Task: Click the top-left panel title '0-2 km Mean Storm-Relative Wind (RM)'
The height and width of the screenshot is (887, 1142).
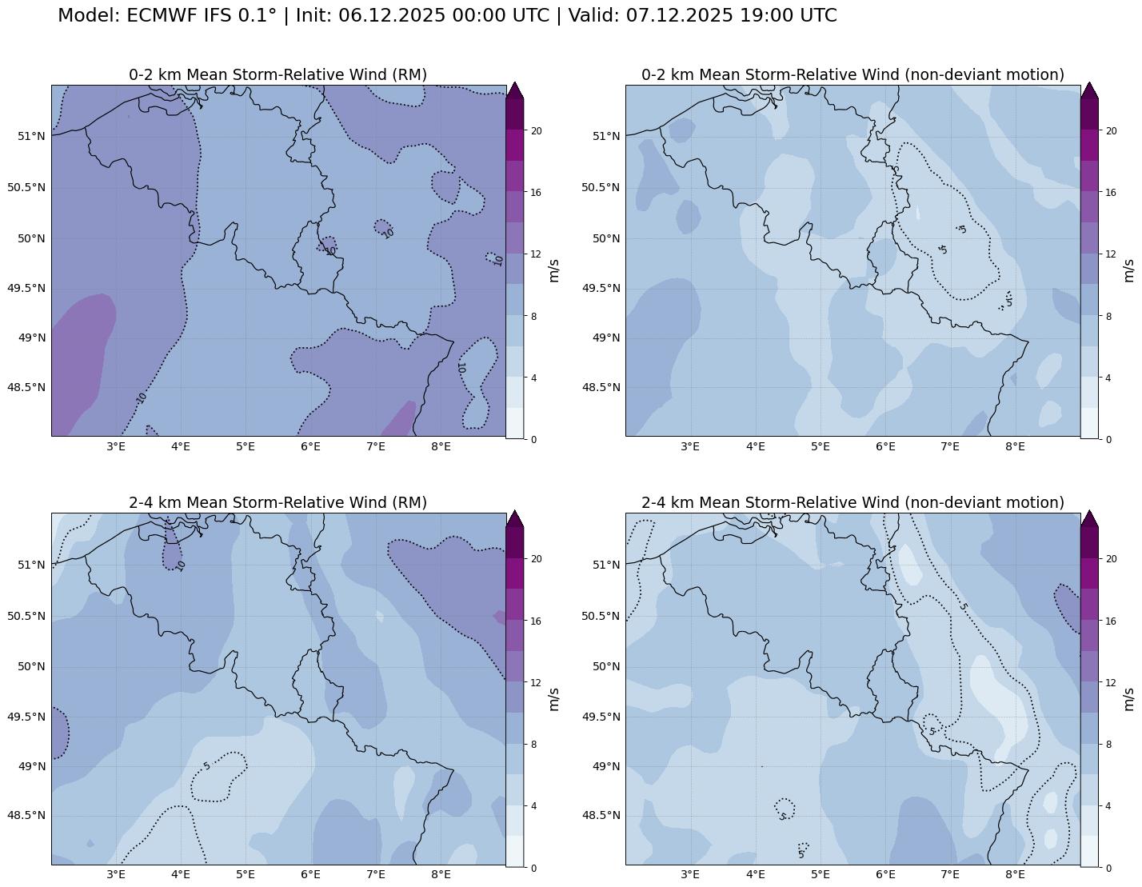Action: click(278, 74)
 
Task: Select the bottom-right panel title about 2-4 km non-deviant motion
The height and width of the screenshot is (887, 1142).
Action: click(853, 502)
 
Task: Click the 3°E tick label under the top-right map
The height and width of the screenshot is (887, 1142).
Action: click(690, 446)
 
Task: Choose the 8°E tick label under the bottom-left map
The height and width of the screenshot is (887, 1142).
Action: click(441, 874)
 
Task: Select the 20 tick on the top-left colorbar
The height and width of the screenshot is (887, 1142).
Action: click(537, 131)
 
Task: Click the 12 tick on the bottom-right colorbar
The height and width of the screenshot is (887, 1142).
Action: click(1110, 682)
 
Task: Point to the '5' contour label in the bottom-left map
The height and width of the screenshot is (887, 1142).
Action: click(207, 766)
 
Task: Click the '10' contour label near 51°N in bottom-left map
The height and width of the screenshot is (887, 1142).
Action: click(182, 565)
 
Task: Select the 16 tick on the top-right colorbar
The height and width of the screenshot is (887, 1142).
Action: click(1110, 193)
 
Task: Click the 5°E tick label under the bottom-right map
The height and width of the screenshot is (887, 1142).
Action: click(821, 874)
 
